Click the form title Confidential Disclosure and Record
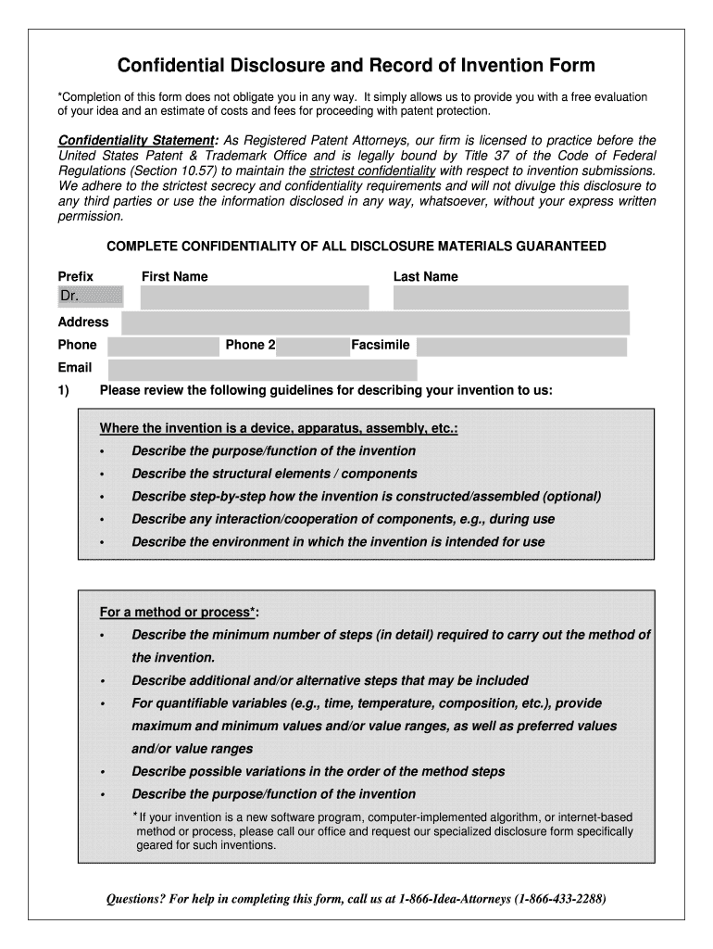click(x=356, y=66)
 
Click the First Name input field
click(x=254, y=297)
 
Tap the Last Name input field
click(x=510, y=297)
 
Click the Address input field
click(x=375, y=323)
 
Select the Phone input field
click(x=161, y=346)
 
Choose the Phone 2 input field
click(x=312, y=346)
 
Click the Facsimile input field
click(x=520, y=346)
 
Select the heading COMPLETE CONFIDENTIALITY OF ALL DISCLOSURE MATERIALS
click(x=356, y=246)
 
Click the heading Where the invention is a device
click(x=278, y=429)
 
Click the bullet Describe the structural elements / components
click(x=261, y=474)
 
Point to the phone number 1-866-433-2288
click(x=562, y=899)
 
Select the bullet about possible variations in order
click(x=318, y=771)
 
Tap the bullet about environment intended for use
click(x=338, y=541)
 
